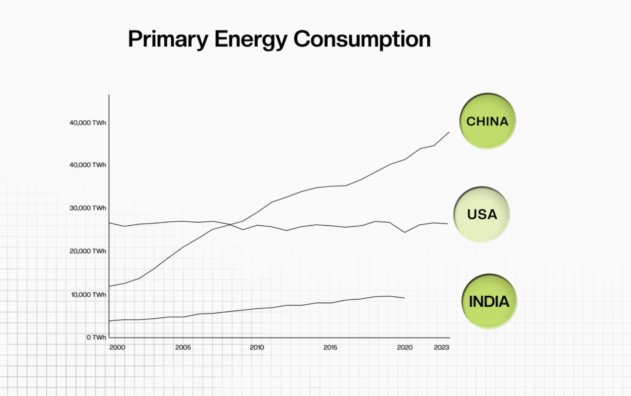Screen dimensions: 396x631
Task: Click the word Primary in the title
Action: point(168,39)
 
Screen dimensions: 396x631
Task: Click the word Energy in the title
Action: point(251,39)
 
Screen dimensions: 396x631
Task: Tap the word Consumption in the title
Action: point(362,39)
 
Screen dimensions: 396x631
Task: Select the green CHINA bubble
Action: point(487,121)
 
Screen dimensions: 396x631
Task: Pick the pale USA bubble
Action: point(482,214)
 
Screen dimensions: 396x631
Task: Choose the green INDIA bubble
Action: point(489,301)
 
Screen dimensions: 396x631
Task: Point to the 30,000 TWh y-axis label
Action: point(88,208)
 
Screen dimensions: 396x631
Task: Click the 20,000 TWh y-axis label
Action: point(88,251)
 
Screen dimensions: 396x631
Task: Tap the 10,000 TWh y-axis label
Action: point(88,295)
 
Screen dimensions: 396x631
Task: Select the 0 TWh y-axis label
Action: point(96,337)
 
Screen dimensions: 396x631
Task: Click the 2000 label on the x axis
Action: point(117,347)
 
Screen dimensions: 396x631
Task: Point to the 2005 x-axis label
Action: point(183,347)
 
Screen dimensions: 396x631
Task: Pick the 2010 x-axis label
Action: point(257,347)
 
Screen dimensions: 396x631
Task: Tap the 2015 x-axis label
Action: point(330,347)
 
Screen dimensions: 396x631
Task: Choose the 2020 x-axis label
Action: point(405,347)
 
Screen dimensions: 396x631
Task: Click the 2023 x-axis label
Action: point(441,347)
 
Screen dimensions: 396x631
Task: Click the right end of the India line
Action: point(405,298)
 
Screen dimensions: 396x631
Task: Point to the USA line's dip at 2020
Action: point(405,232)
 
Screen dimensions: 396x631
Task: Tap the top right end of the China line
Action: point(449,132)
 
